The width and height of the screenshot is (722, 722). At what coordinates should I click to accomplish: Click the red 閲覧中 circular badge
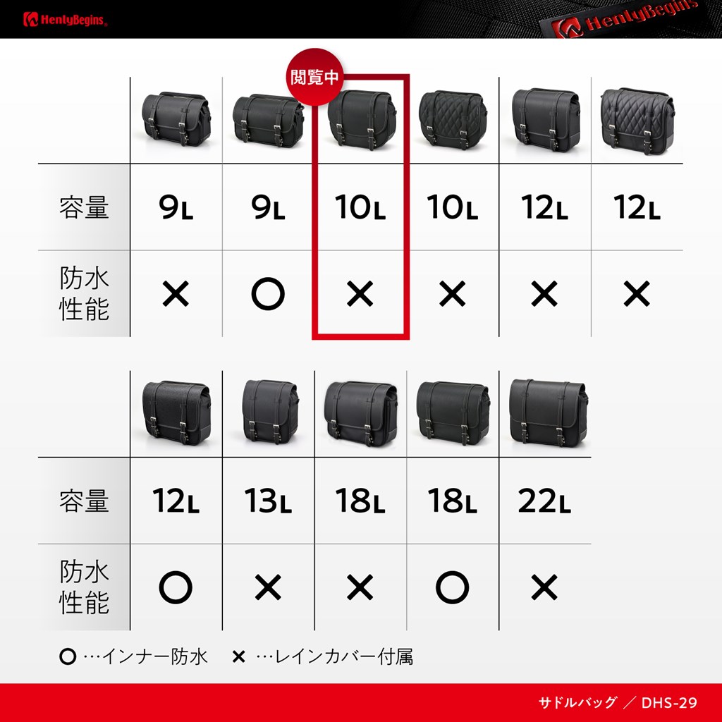315,77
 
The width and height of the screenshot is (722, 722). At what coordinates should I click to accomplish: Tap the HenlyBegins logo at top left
65,20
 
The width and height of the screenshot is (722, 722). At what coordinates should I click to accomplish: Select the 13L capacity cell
267,501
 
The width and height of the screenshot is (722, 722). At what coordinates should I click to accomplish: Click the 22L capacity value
544,501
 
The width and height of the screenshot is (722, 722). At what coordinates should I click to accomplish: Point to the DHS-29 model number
669,703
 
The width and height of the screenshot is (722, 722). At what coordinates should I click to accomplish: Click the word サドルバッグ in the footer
577,703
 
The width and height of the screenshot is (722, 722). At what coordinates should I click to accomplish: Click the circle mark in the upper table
268,294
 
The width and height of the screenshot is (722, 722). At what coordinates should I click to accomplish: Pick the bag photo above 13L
270,411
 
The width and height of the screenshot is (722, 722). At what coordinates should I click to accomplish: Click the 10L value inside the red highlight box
360,207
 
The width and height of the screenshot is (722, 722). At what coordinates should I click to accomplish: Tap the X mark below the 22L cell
544,587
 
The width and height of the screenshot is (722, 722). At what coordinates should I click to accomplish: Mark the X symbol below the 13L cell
268,587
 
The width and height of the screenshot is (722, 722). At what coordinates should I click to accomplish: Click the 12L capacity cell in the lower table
176,501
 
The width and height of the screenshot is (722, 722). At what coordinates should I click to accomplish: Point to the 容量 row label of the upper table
84,207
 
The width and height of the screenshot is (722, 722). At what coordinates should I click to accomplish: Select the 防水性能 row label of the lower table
84,587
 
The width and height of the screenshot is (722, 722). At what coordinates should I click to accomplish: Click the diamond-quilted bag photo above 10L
453,118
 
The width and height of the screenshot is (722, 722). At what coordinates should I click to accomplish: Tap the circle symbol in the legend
68,656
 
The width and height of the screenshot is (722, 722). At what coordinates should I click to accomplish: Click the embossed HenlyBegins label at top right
624,19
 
